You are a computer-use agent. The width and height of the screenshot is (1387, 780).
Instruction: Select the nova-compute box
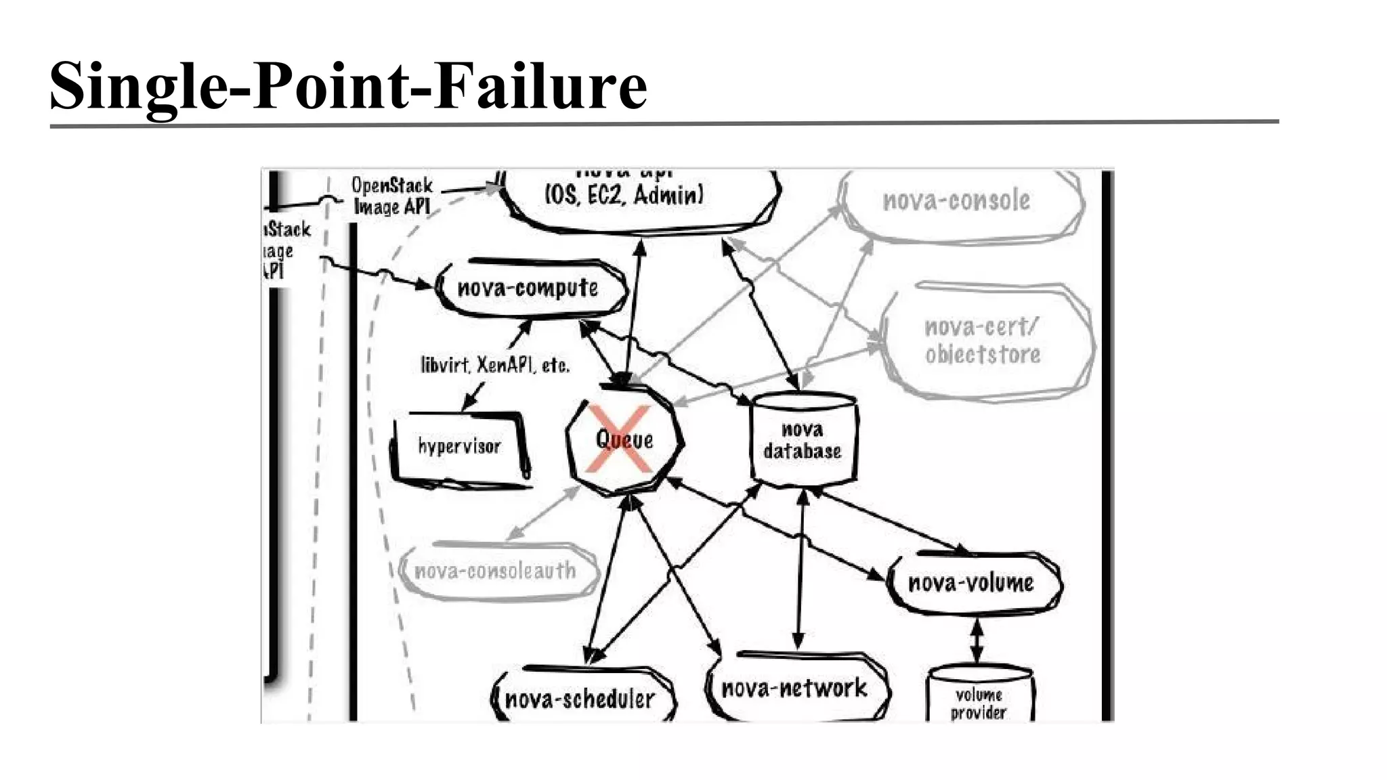point(528,288)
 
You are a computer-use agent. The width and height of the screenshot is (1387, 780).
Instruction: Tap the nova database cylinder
point(803,440)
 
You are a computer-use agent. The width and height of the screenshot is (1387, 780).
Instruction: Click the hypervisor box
point(459,446)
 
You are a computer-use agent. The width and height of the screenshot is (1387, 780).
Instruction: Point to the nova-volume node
point(972,583)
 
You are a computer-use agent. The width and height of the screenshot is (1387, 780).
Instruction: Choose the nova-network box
point(794,689)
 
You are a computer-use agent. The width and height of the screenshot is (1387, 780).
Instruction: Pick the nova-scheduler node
point(580,699)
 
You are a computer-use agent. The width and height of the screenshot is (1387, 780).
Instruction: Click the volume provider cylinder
point(979,701)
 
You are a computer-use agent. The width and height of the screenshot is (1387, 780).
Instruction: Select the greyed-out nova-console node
point(957,200)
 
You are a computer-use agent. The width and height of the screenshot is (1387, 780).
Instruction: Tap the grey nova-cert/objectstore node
point(983,341)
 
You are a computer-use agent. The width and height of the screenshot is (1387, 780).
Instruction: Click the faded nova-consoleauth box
point(496,571)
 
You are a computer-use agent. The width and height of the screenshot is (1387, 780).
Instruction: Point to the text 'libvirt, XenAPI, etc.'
point(495,366)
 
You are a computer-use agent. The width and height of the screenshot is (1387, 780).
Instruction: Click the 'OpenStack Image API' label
point(392,196)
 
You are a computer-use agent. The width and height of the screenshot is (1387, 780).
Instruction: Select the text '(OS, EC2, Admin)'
point(624,196)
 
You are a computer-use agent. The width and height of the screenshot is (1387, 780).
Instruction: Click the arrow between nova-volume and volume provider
point(977,642)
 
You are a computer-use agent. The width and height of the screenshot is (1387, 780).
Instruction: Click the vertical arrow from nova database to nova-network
point(801,569)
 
